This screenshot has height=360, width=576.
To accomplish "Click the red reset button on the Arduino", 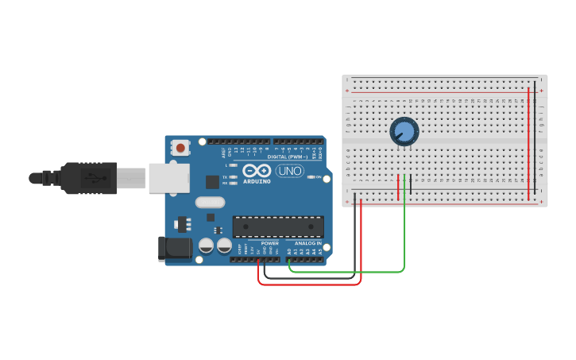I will tap(181, 147).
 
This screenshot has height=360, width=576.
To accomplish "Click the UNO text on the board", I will tap(290, 171).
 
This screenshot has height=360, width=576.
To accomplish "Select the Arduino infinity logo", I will tap(257, 171).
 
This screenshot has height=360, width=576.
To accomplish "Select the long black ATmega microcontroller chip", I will tap(278, 226).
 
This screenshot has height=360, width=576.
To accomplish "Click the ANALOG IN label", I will tap(308, 243).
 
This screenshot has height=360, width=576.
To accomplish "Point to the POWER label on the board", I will tap(269, 243).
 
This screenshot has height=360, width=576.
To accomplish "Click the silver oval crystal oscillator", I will tap(211, 202).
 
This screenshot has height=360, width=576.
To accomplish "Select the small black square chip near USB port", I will tap(212, 182).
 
